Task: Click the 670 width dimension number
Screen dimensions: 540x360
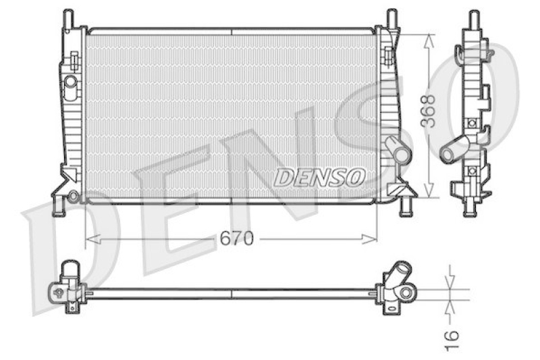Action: pos(237,238)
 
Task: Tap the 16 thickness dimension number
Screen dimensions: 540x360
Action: pos(452,340)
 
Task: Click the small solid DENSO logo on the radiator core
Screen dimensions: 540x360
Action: pos(319,178)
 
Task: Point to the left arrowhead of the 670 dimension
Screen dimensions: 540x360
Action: pos(92,238)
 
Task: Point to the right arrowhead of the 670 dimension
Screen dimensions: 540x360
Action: pos(369,238)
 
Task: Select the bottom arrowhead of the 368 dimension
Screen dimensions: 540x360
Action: pos(429,190)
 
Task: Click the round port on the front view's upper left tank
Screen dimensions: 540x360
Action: pos(71,81)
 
